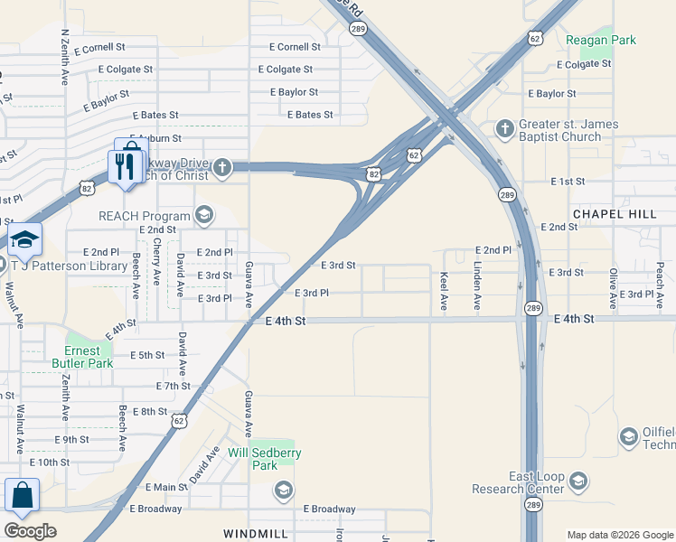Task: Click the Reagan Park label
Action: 601,40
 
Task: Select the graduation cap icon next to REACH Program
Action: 204,215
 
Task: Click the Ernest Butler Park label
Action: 89,357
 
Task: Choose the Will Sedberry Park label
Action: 264,458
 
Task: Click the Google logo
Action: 30,531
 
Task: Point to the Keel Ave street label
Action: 444,292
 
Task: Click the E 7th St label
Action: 173,386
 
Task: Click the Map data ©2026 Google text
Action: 619,535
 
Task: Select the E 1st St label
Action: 568,182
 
